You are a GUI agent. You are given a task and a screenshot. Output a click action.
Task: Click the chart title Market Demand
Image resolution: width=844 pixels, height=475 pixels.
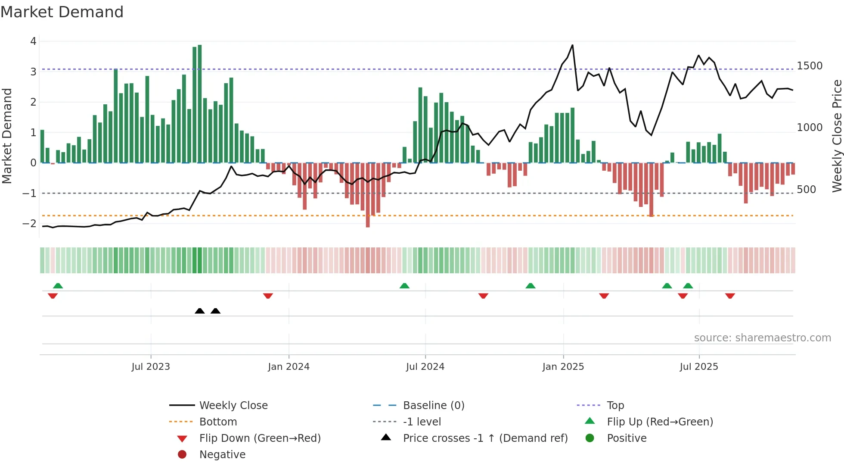62,12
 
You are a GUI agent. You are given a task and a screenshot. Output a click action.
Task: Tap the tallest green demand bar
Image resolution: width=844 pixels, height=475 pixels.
200,103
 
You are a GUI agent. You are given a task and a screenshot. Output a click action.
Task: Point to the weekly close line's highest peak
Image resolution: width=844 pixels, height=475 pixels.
572,45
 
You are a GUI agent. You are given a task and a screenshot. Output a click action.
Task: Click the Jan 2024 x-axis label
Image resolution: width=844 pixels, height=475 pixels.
289,367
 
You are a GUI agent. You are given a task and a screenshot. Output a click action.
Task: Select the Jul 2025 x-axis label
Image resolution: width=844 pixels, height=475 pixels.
699,367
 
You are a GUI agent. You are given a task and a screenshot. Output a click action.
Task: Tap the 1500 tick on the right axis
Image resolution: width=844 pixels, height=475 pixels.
810,66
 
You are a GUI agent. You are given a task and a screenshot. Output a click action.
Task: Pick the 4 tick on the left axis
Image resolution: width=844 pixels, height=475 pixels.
33,41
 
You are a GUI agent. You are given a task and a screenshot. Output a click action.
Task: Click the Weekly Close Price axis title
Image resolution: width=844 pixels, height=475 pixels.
837,136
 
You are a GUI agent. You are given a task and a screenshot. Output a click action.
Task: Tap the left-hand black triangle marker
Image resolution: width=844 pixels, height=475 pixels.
200,311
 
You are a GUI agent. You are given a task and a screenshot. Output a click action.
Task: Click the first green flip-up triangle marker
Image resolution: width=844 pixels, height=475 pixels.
58,286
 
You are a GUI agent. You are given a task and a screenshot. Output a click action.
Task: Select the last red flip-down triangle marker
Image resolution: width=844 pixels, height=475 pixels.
730,296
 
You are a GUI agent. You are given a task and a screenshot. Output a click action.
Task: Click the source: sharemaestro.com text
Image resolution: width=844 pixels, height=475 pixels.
762,338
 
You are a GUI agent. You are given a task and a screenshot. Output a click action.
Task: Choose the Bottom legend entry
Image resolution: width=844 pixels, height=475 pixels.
218,422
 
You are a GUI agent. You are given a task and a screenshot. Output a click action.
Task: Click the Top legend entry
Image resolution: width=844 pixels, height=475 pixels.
615,406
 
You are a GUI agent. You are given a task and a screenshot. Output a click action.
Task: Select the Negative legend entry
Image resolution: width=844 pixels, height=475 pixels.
222,455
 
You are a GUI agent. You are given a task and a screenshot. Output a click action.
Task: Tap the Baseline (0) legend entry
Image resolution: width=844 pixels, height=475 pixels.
433,406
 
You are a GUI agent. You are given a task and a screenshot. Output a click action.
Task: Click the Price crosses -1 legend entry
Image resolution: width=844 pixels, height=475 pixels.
485,438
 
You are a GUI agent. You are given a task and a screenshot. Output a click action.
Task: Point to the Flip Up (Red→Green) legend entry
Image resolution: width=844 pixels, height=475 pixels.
660,422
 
